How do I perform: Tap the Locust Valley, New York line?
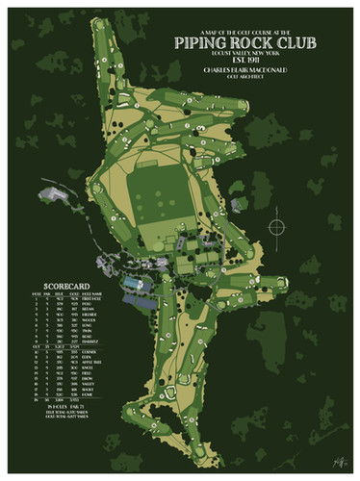pos(247,55)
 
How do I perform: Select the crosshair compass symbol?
pos(278,228)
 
